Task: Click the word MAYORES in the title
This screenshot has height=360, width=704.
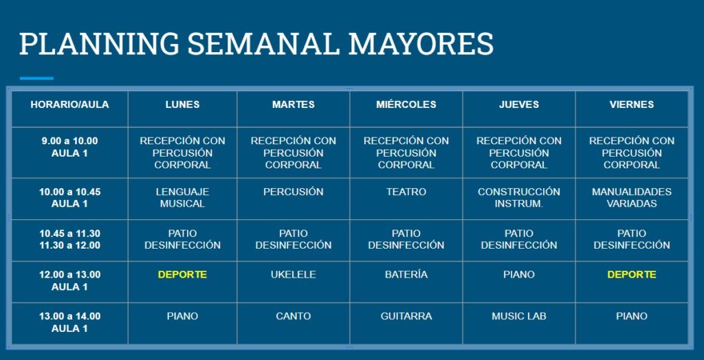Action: [421, 43]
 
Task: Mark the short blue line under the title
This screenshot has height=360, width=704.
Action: [36, 78]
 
